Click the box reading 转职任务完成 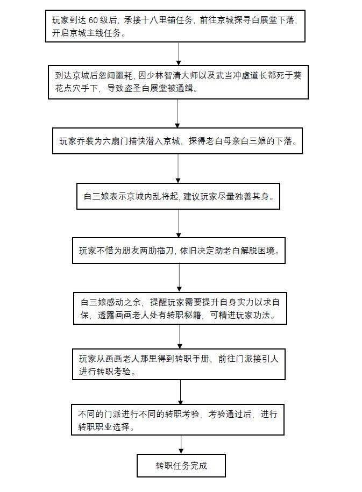point(181,466)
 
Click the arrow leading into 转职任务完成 point(181,445)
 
